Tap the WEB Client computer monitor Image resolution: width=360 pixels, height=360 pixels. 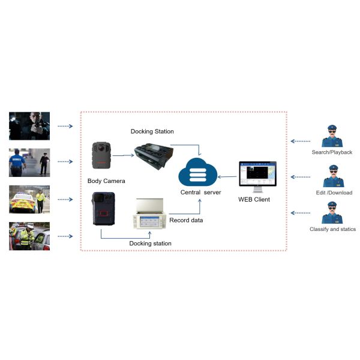click(x=256, y=175)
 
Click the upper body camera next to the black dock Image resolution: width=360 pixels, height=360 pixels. click(x=100, y=155)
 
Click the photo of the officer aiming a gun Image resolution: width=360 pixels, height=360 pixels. click(x=29, y=125)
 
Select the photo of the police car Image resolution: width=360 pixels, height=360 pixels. click(x=29, y=200)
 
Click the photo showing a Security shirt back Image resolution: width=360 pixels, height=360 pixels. click(x=29, y=162)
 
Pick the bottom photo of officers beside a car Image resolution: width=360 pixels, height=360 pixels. click(x=29, y=236)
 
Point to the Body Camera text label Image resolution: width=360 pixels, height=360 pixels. click(x=106, y=179)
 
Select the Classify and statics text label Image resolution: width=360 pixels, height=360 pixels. click(x=332, y=229)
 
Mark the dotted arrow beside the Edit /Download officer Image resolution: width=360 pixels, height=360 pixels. click(x=302, y=177)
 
